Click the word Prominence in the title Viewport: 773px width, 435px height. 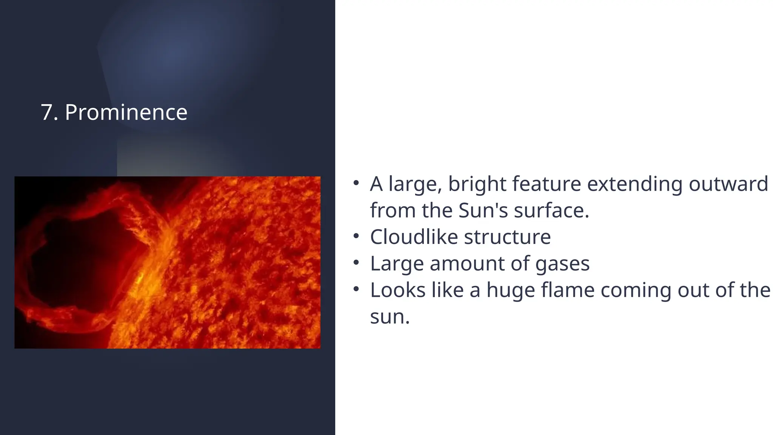[126, 112]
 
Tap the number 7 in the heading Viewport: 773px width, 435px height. [47, 112]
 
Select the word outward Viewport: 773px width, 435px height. [728, 184]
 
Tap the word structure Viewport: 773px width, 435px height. [507, 237]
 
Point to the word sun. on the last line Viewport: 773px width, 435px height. [390, 316]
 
